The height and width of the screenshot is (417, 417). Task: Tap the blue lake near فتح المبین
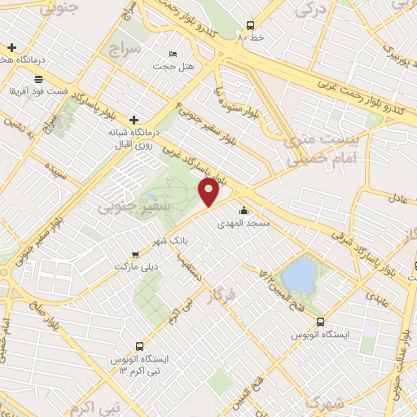(x=301, y=274)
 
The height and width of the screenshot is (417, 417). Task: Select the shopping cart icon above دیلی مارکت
(x=136, y=253)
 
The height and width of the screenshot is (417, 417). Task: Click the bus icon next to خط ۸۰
(x=249, y=25)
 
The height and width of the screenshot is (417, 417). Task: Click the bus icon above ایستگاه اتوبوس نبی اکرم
(x=140, y=346)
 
